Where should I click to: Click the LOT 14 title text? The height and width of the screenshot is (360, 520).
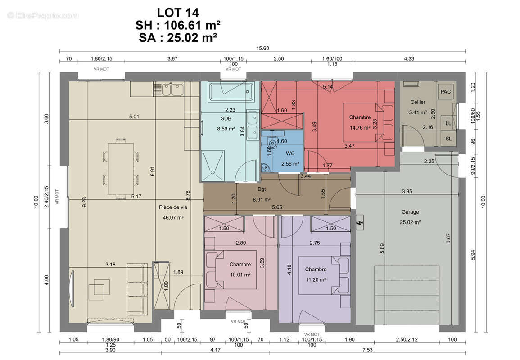coord(178,13)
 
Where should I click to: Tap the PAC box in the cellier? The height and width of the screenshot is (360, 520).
coord(445,92)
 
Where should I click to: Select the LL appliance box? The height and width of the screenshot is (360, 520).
coord(448,123)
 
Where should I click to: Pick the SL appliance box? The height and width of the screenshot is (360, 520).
coord(448,139)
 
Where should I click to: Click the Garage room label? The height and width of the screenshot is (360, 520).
coord(410,212)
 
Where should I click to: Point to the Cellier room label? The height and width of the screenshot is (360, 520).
coord(417,102)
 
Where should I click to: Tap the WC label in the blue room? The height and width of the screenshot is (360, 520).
coord(290,153)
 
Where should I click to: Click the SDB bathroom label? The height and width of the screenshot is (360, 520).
coord(226,118)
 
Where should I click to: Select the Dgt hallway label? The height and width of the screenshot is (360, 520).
coord(262,189)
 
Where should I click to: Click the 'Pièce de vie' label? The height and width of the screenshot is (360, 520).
coord(173,207)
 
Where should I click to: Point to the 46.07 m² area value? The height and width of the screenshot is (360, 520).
coord(173,218)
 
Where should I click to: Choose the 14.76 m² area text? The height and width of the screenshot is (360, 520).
coord(360,128)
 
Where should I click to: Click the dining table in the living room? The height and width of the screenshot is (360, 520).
coord(121,169)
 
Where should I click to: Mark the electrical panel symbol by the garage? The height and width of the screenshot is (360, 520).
coord(359,223)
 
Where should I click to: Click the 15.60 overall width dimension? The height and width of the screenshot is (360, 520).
coord(262,49)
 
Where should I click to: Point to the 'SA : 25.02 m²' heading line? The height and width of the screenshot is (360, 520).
coord(178,38)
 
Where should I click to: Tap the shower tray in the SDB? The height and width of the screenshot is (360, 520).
coord(213,166)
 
